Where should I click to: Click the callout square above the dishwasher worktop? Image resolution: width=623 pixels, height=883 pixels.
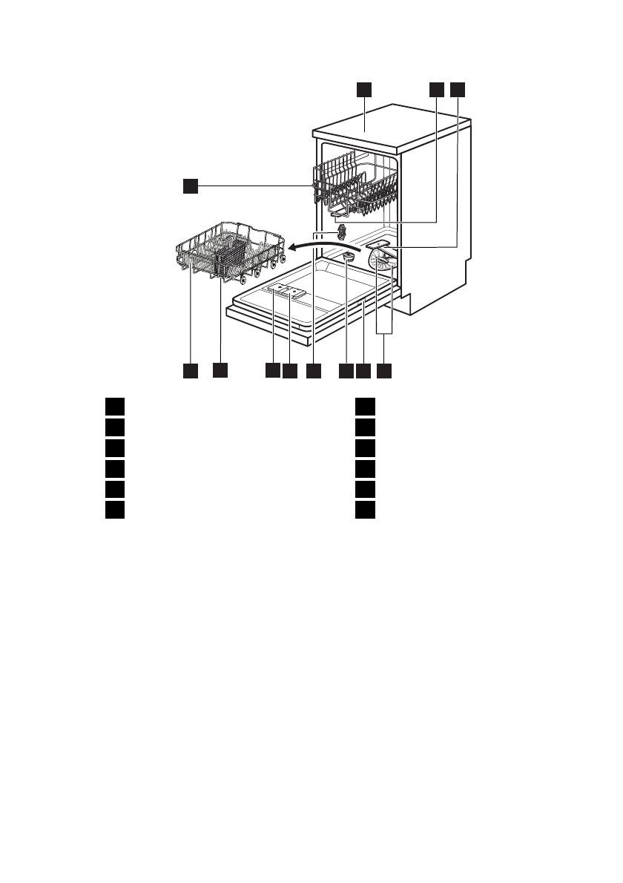tap(363, 89)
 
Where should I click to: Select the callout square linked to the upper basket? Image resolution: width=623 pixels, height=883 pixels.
tap(191, 186)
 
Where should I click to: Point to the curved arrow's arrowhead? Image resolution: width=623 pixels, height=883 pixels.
tap(291, 247)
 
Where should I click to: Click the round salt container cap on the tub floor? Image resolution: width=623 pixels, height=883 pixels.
tap(347, 257)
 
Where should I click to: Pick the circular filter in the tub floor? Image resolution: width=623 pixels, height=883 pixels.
tap(383, 261)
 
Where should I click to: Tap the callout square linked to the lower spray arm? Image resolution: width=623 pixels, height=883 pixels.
tap(458, 89)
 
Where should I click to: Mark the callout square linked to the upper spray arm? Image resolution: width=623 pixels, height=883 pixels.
tap(436, 89)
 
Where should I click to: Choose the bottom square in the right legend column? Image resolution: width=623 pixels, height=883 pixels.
tap(363, 510)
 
